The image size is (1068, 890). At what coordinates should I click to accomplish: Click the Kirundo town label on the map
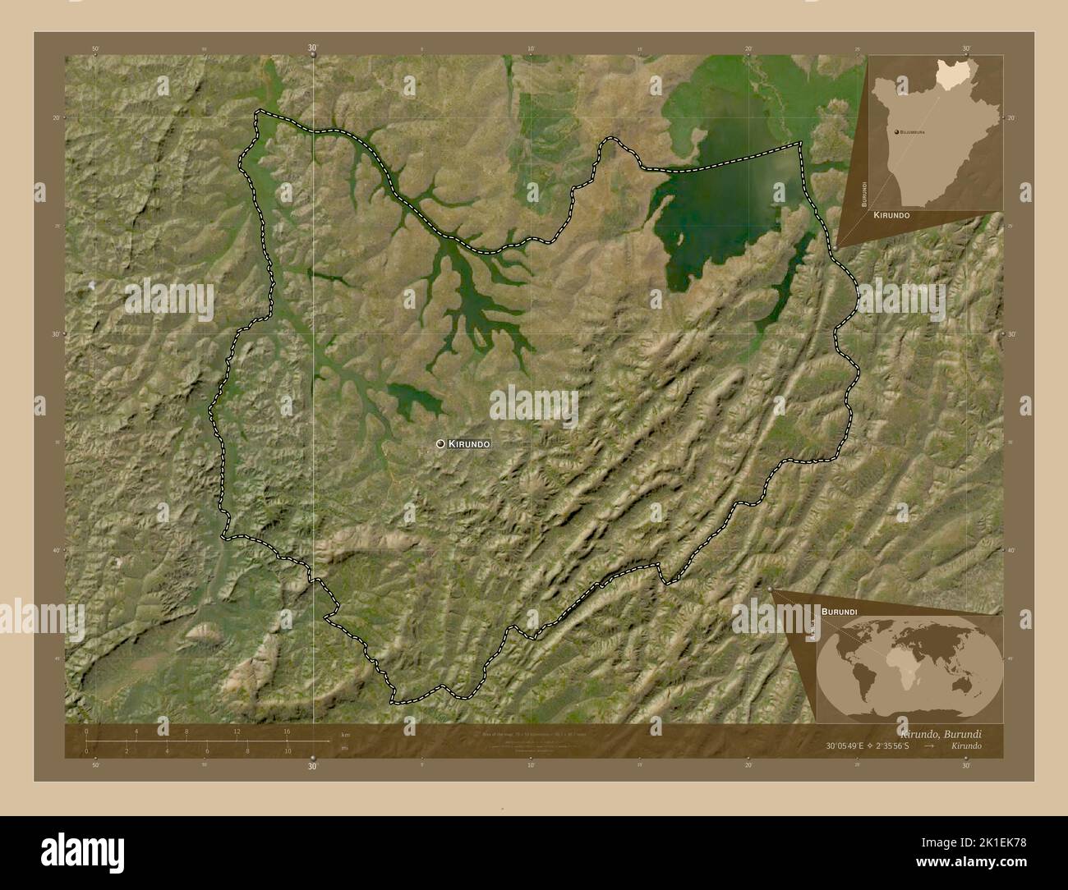[470, 444]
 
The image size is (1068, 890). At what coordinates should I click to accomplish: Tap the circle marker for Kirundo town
[441, 444]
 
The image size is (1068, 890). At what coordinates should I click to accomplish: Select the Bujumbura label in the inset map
[912, 131]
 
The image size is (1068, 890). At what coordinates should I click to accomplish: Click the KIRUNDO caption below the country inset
[891, 214]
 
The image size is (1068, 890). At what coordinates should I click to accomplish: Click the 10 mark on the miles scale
[287, 751]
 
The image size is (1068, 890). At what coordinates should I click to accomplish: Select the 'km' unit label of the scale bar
[345, 734]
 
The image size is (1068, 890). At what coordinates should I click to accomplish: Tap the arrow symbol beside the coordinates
[928, 746]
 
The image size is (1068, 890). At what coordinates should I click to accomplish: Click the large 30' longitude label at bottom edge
[312, 766]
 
